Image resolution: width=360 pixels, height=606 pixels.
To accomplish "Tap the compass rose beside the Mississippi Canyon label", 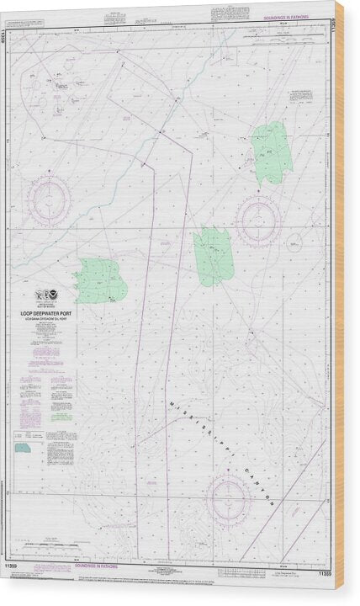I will [x=229, y=497].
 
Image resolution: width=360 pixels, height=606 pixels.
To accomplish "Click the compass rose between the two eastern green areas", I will [x=257, y=221].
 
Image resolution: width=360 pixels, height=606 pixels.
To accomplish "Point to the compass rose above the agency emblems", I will [x=47, y=200].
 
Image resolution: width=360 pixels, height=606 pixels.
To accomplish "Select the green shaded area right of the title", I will [x=100, y=281].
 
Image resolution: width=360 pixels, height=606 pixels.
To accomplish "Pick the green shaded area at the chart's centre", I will [x=213, y=256].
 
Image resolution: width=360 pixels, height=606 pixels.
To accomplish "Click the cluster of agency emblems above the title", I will [x=46, y=295].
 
